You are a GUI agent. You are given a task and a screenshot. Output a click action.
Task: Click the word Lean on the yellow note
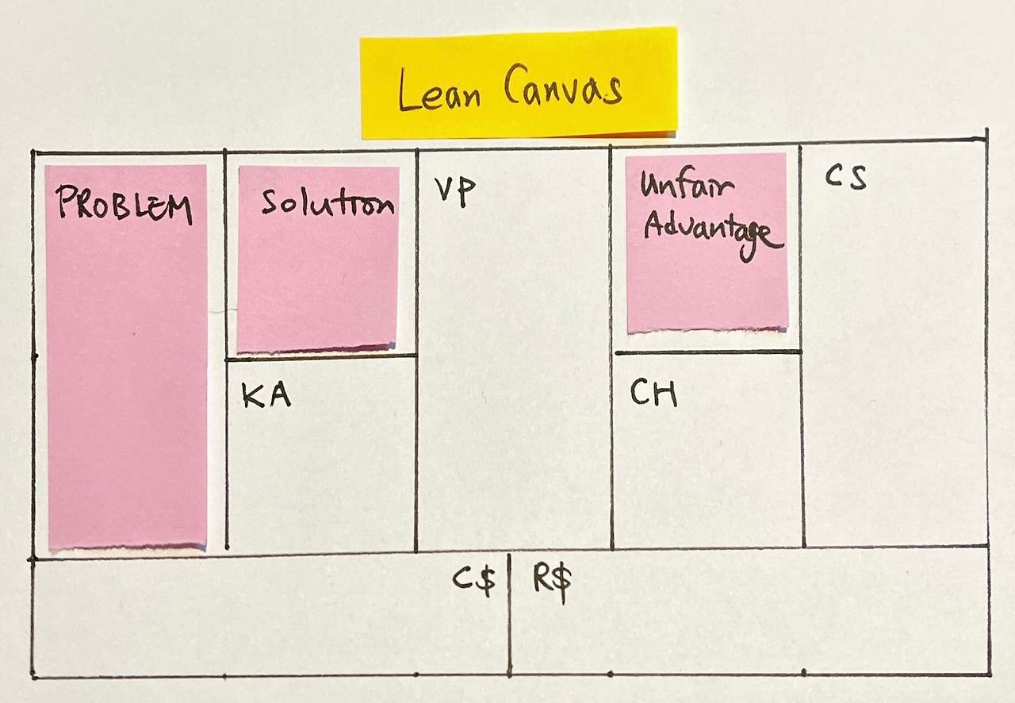click(x=439, y=92)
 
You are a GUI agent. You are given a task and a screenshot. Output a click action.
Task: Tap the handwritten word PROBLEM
click(x=124, y=205)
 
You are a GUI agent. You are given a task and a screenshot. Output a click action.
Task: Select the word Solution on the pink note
click(x=327, y=203)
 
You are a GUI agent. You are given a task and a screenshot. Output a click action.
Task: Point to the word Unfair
click(x=687, y=187)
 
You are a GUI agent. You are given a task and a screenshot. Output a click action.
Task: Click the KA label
click(x=266, y=396)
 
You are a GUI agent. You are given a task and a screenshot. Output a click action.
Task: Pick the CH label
click(x=653, y=393)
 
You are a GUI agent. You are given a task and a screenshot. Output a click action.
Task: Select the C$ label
click(x=474, y=581)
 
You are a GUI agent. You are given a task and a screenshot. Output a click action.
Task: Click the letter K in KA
click(x=254, y=396)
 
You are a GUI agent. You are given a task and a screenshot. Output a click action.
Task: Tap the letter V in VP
click(x=442, y=191)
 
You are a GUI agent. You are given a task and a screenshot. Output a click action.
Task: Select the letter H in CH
click(x=666, y=394)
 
